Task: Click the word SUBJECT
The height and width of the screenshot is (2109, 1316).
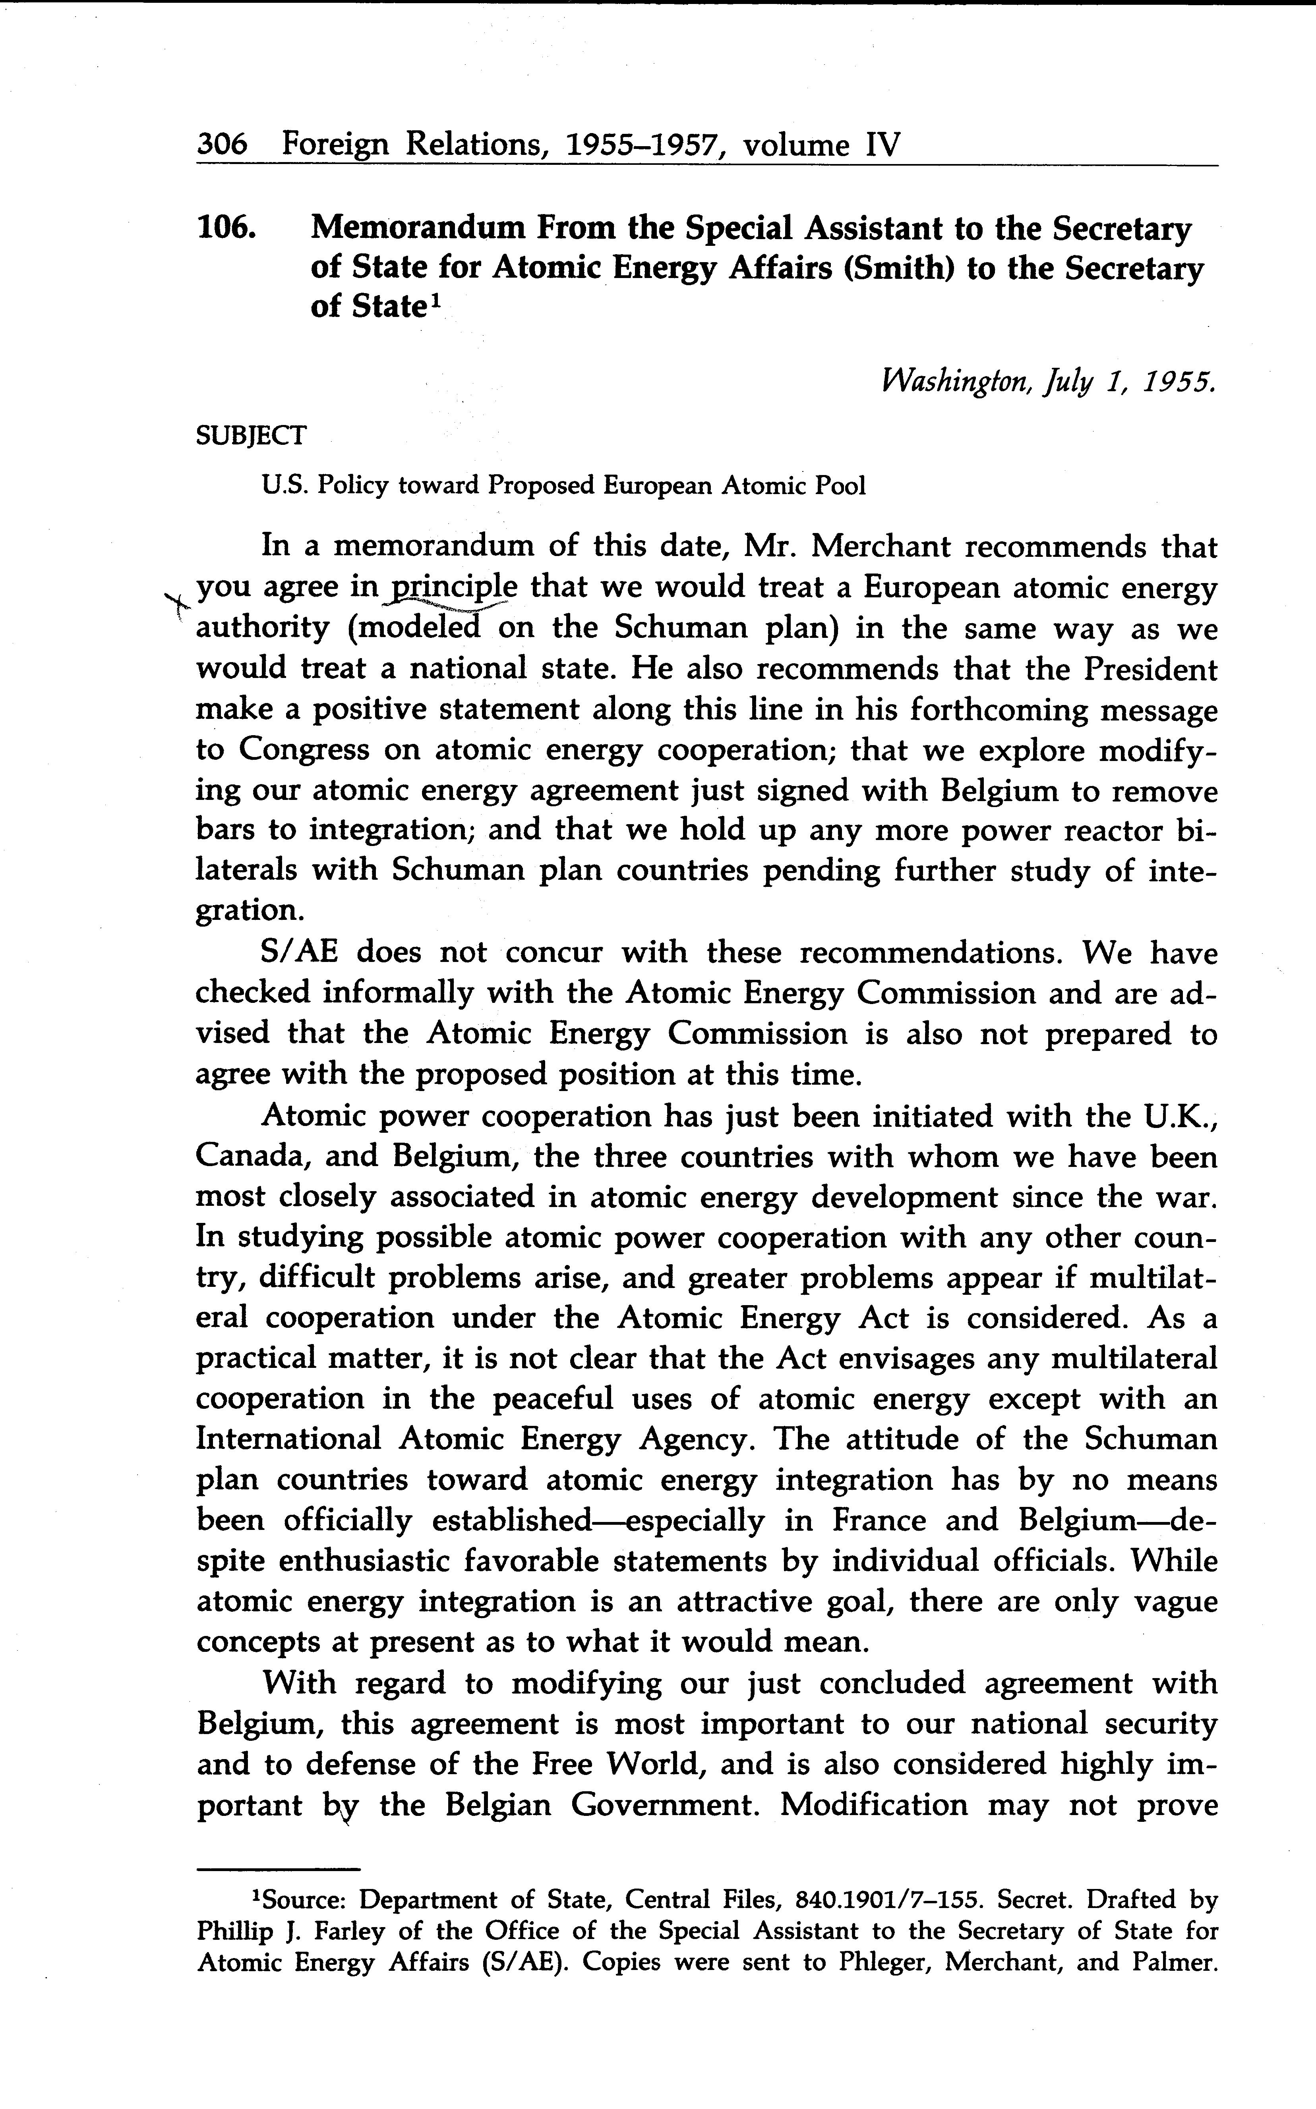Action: click(252, 435)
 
